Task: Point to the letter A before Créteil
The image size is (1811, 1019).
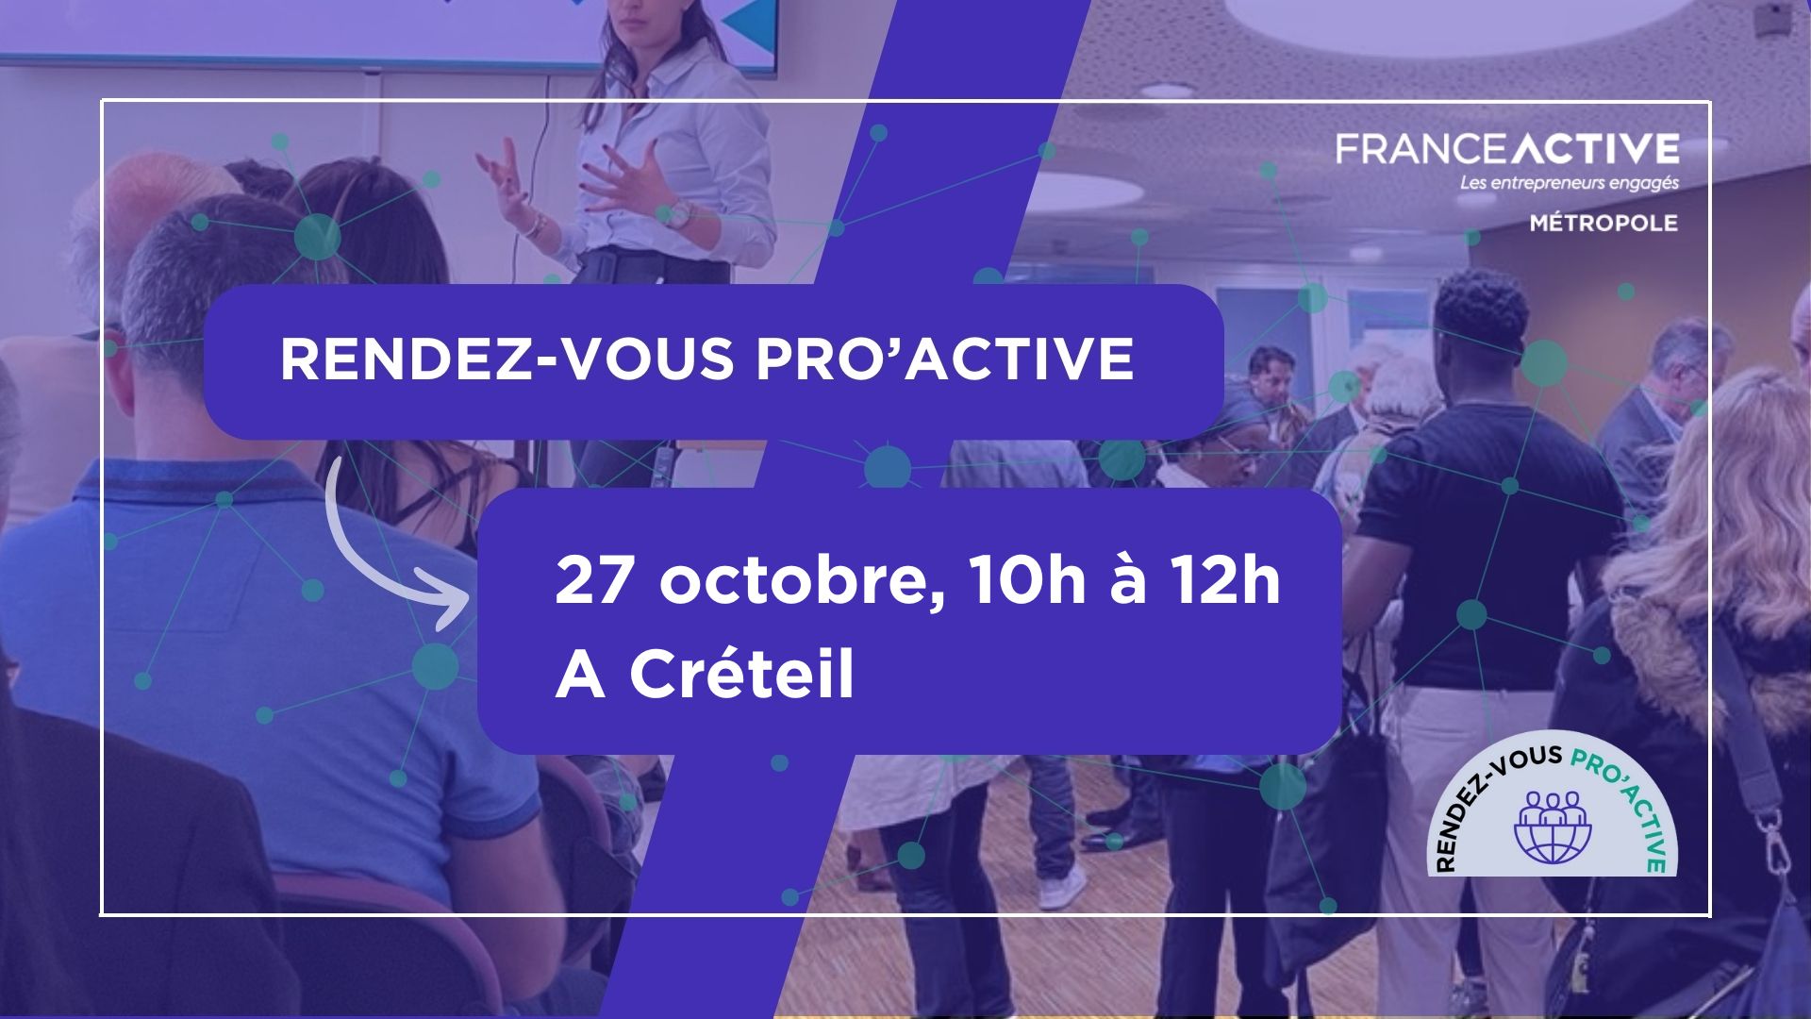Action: (x=579, y=675)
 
